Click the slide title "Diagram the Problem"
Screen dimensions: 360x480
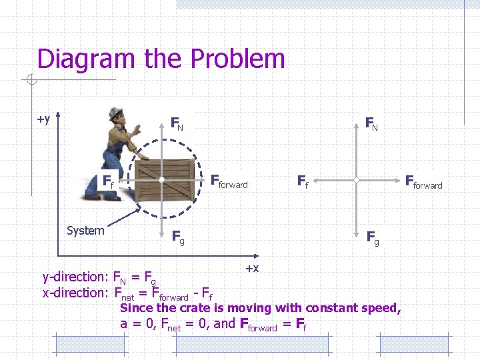pos(161,59)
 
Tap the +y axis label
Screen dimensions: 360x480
pos(43,119)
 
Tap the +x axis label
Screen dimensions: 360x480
pos(252,268)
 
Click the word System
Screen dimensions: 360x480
pos(85,231)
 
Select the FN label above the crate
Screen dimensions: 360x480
pos(177,123)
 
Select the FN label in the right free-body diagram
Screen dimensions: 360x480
pos(371,123)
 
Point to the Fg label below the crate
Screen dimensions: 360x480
pos(178,236)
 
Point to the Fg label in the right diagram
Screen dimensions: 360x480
pos(373,236)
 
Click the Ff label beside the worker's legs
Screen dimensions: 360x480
pos(107,180)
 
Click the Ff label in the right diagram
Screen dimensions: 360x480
pos(302,180)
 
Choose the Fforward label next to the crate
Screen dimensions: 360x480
pos(229,181)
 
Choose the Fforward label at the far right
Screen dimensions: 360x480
pos(423,181)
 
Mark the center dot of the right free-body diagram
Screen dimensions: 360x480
pos(357,180)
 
